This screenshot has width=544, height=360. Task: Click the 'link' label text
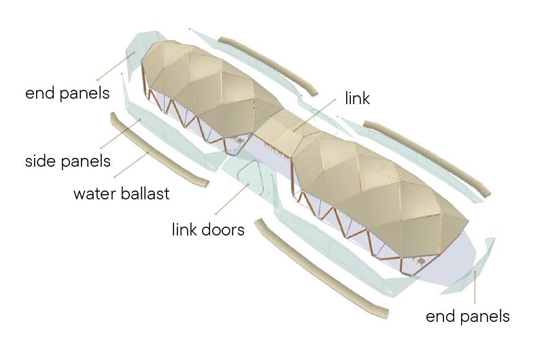click(x=357, y=98)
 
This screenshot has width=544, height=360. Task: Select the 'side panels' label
click(x=67, y=161)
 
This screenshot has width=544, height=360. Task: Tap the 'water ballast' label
click(x=122, y=193)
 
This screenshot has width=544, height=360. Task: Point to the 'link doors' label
click(x=207, y=229)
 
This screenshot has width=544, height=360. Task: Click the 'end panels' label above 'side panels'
click(x=67, y=93)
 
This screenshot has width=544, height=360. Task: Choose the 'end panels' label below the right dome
click(x=467, y=316)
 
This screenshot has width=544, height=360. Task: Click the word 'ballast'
click(x=143, y=193)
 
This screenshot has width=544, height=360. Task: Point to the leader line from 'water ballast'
click(x=133, y=165)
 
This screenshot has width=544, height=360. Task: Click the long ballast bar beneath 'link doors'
click(x=320, y=269)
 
